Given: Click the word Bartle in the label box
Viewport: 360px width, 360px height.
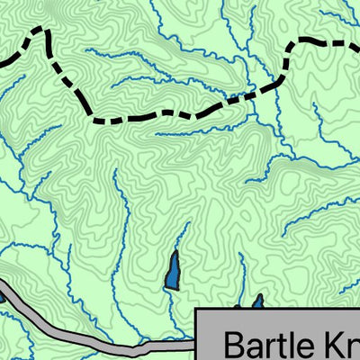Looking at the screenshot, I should pyautogui.click(x=269, y=346).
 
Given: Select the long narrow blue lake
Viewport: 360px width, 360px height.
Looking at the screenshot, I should pyautogui.click(x=172, y=270).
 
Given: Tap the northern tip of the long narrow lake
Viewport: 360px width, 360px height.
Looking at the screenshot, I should pyautogui.click(x=175, y=253).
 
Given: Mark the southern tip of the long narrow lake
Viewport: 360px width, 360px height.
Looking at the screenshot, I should pyautogui.click(x=170, y=288).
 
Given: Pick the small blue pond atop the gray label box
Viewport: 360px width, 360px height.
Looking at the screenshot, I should pyautogui.click(x=256, y=301).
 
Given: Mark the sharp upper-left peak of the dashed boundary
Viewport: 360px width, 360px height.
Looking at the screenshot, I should pyautogui.click(x=40, y=30).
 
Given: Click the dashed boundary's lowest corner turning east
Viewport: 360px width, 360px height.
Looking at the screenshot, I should pyautogui.click(x=94, y=119).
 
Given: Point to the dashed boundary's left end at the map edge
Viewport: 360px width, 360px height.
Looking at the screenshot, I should pyautogui.click(x=2, y=63).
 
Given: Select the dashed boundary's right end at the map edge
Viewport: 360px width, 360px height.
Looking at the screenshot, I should pyautogui.click(x=357, y=41).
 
